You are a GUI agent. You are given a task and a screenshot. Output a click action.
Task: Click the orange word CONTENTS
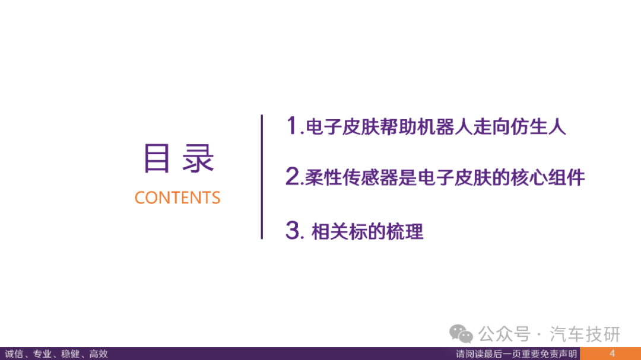point(177,197)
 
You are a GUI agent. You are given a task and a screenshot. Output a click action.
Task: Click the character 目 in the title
point(157,158)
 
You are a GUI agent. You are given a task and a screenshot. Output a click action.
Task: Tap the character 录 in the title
point(198,158)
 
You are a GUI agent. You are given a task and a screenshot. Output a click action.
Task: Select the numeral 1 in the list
point(292,125)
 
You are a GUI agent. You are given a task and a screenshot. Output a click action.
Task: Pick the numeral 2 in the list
point(292,176)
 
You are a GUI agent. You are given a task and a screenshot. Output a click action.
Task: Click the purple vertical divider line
point(262,177)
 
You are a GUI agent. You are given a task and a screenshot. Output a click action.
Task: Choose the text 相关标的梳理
point(367,232)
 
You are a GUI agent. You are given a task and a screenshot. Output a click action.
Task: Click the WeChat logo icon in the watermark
point(461,334)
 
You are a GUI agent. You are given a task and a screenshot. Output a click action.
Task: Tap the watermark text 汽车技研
point(585,334)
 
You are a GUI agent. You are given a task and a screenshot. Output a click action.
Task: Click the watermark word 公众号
point(504,334)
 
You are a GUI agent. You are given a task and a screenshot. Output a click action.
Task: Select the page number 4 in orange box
point(612,353)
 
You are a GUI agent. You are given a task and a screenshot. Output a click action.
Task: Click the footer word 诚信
point(14,354)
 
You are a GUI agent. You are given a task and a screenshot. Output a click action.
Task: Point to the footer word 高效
point(99,354)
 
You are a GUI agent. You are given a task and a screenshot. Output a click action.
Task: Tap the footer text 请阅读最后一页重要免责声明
point(516,354)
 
